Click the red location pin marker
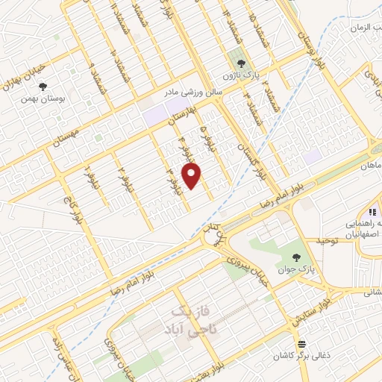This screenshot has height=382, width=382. [x=192, y=175]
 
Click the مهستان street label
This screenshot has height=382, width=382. [x=67, y=137]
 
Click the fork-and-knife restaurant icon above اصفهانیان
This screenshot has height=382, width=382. [x=372, y=213]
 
